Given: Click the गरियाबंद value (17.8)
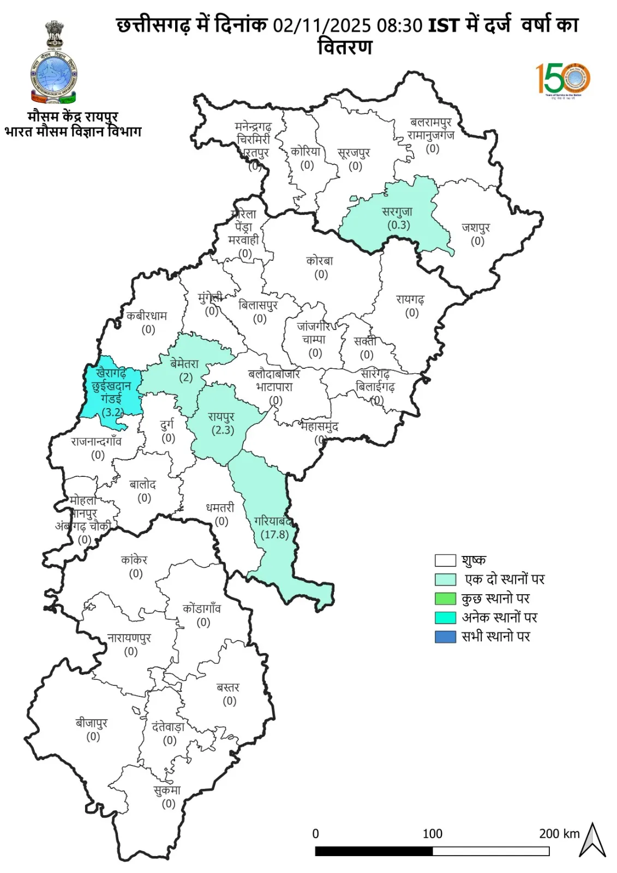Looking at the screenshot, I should click(274, 535).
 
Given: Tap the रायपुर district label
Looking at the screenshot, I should click(221, 416).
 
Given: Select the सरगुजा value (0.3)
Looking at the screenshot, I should click(398, 225).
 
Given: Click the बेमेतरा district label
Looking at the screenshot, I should click(184, 364).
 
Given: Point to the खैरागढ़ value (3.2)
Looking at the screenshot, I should click(113, 412).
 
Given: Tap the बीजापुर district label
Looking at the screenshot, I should click(92, 723).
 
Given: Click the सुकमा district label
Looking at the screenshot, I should click(167, 790).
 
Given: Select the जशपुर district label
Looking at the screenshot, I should click(476, 228).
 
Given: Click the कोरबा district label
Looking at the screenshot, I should click(320, 261).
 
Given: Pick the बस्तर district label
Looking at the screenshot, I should click(228, 687).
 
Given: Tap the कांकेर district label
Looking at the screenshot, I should click(134, 560).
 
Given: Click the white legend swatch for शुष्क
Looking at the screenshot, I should click(445, 560).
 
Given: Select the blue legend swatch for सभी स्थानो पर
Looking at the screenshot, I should click(445, 637).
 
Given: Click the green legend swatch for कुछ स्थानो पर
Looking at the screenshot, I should click(445, 599).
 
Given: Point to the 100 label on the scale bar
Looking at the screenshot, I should click(432, 834).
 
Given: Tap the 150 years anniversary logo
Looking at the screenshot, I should click(562, 79).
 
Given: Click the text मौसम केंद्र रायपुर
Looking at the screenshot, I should click(73, 116).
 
